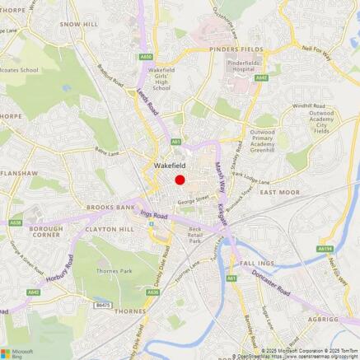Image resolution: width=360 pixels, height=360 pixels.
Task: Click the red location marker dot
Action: click(180, 180)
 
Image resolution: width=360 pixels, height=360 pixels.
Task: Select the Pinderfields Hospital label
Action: click(245, 66)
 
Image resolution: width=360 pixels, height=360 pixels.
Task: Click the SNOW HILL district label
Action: click(79, 25)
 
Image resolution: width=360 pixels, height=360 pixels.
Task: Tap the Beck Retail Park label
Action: click(195, 234)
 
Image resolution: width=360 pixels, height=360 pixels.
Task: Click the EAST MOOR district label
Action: click(279, 192)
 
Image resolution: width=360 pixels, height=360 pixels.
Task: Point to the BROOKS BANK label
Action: click(110, 208)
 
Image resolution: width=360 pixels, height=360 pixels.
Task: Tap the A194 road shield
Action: click(326, 249)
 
